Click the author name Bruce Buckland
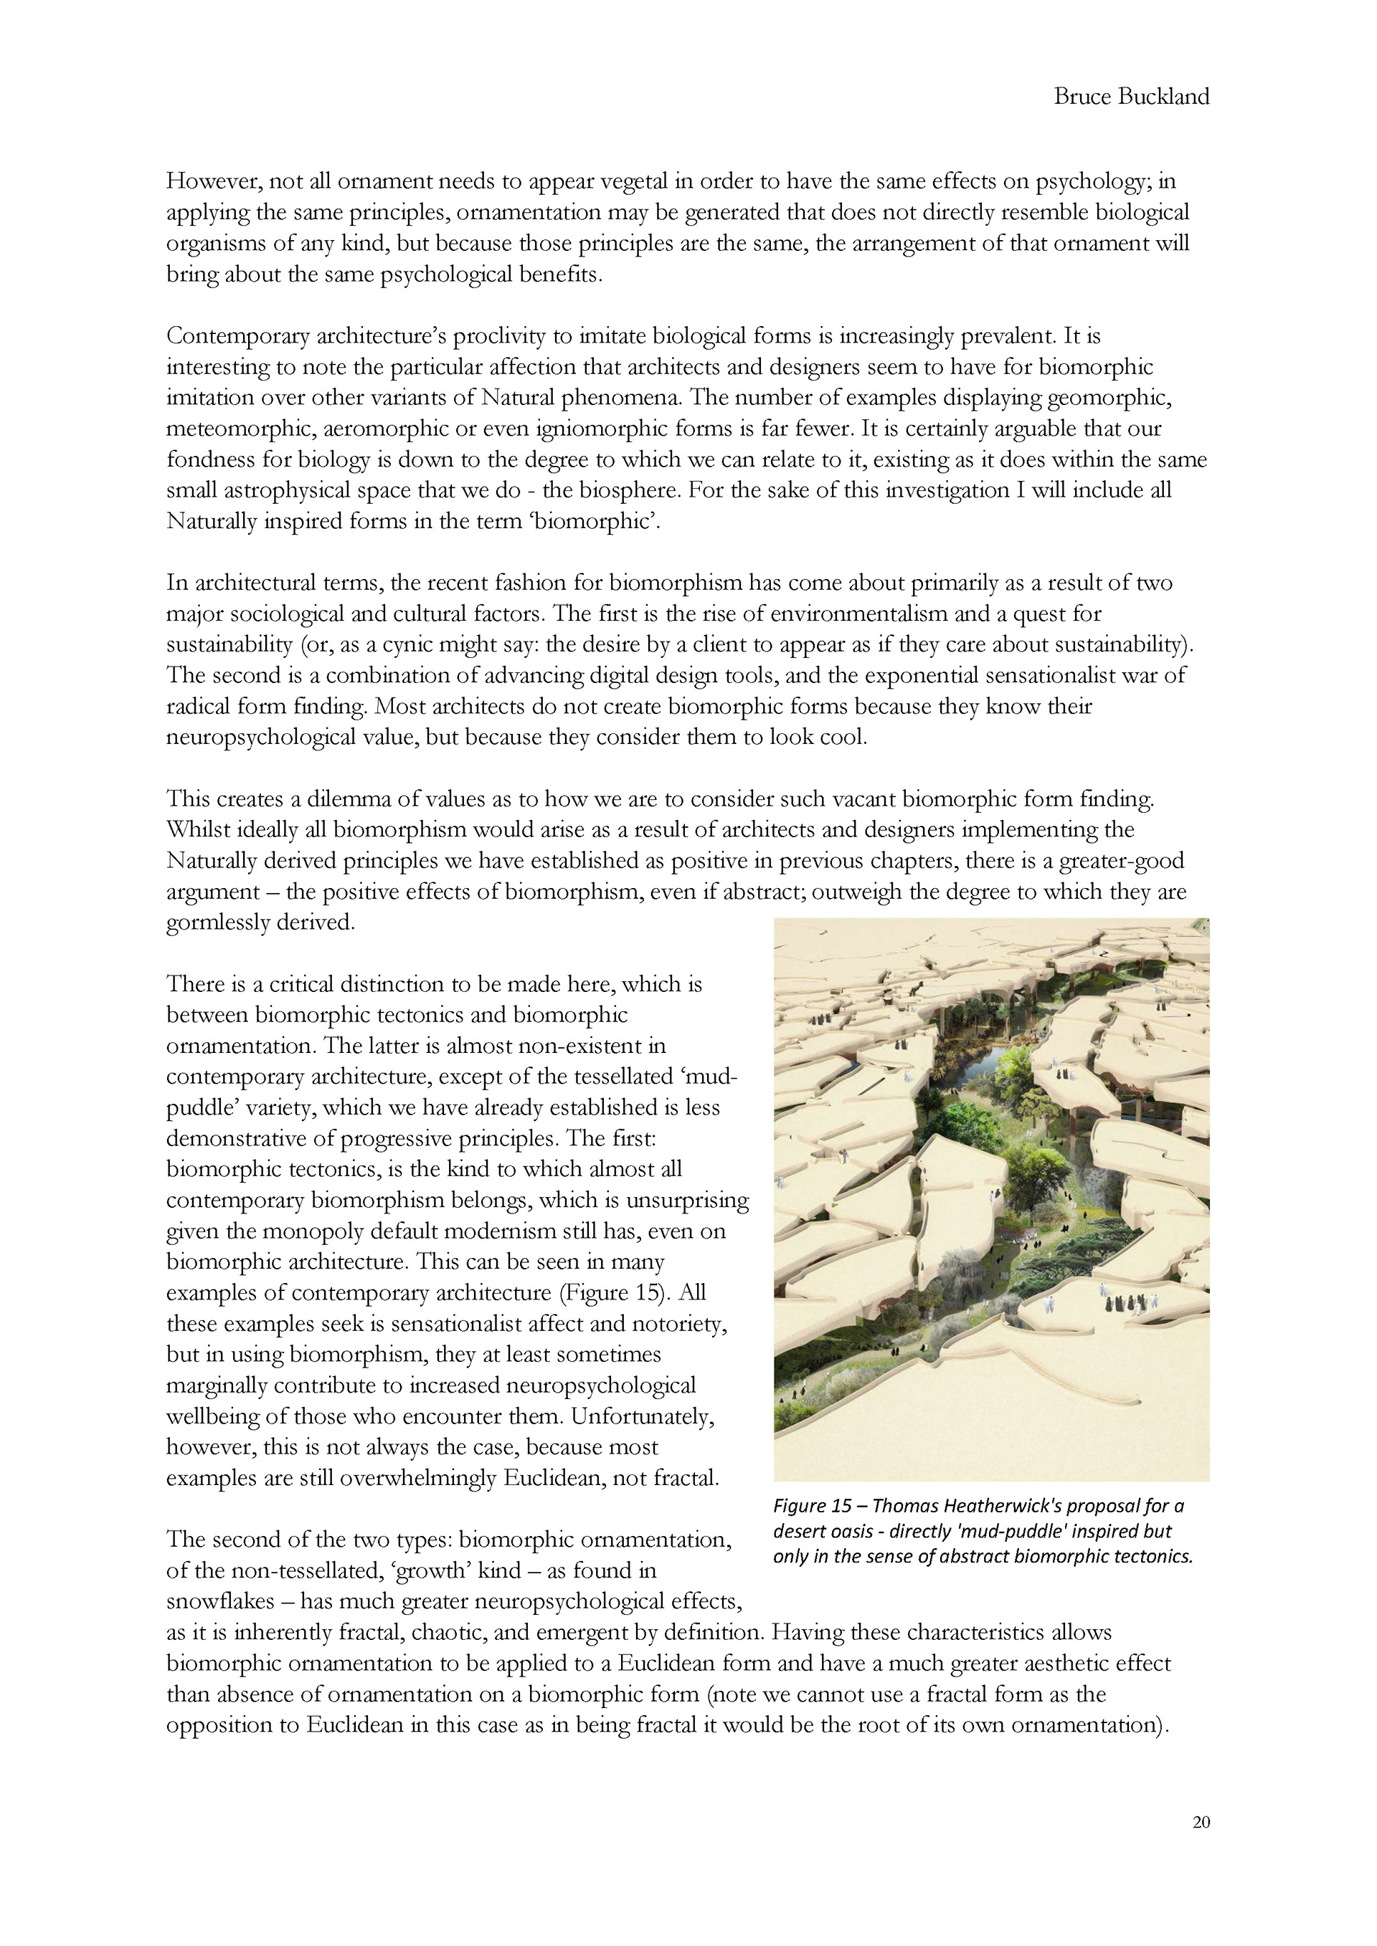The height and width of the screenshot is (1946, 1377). [1131, 97]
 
